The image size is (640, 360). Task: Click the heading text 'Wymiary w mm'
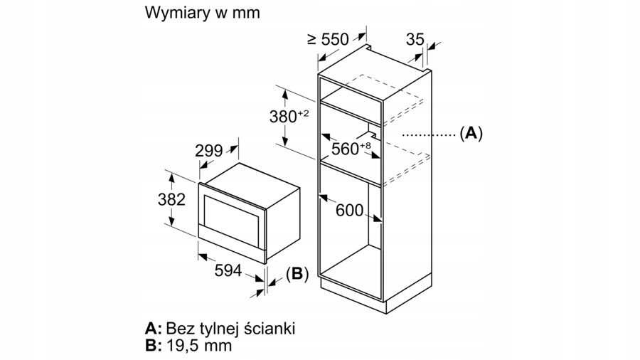coord(202,14)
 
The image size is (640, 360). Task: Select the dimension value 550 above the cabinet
coord(335,41)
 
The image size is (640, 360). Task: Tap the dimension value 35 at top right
coord(415,40)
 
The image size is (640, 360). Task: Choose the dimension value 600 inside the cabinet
coord(349,210)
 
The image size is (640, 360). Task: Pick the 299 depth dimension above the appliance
coord(209,151)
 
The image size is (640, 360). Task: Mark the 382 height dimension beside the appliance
coord(171,200)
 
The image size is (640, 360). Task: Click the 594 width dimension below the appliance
coord(227,270)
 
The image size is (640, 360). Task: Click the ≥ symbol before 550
coord(312,39)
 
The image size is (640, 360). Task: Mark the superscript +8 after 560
coord(366,144)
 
